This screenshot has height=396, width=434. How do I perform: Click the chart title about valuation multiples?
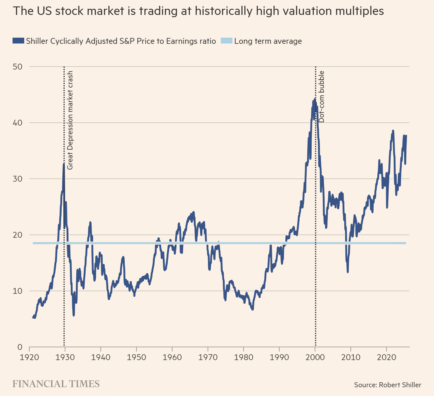pyautogui.click(x=198, y=11)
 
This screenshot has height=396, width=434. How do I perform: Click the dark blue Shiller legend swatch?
pyautogui.click(x=18, y=41)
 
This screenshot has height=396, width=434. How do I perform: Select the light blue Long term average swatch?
pyautogui.click(x=226, y=41)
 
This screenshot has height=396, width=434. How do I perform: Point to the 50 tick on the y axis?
pyautogui.click(x=18, y=67)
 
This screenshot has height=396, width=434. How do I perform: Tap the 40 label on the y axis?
pyautogui.click(x=18, y=123)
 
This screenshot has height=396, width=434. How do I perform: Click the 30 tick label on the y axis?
pyautogui.click(x=18, y=179)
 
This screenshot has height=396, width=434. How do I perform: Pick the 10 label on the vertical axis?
pyautogui.click(x=18, y=291)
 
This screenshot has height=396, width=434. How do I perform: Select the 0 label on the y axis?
pyautogui.click(x=20, y=347)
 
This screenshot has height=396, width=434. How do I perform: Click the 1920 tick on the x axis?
pyautogui.click(x=29, y=357)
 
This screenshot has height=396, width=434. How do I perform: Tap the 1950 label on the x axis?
pyautogui.click(x=136, y=357)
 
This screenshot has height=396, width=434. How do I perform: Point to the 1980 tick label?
pyautogui.click(x=244, y=357)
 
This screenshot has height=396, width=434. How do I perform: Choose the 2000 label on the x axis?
pyautogui.click(x=315, y=357)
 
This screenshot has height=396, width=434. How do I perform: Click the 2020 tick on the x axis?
pyautogui.click(x=386, y=357)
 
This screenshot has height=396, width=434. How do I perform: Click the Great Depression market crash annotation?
pyautogui.click(x=70, y=120)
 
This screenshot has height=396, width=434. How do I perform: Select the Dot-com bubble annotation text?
pyautogui.click(x=322, y=96)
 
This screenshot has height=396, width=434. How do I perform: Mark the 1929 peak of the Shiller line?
pyautogui.click(x=64, y=164)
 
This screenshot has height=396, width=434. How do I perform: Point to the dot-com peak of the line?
pyautogui.click(x=315, y=100)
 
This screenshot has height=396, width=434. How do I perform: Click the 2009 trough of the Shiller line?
pyautogui.click(x=348, y=272)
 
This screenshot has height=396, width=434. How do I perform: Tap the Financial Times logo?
pyautogui.click(x=56, y=384)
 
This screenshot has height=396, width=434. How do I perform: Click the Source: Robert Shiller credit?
pyautogui.click(x=388, y=385)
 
